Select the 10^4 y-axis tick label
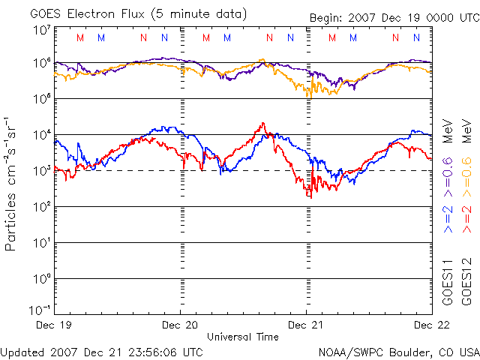(x=42, y=135)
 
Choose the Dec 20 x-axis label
(x=181, y=325)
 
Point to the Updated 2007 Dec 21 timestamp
(x=101, y=351)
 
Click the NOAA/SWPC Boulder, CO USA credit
(x=398, y=351)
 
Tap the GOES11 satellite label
(x=447, y=281)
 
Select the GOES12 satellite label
(x=464, y=281)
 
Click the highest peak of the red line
(x=262, y=123)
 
